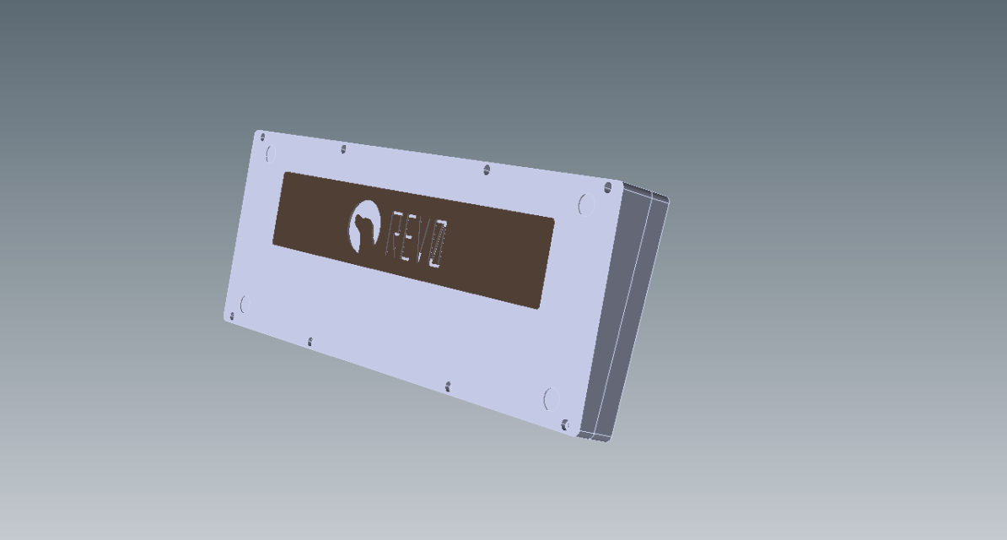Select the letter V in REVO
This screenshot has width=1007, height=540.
point(422,244)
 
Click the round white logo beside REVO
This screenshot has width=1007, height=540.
point(363,226)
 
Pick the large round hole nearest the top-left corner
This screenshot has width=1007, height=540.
point(270,154)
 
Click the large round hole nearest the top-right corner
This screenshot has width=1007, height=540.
point(586,204)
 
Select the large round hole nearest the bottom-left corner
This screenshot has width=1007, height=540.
point(245,304)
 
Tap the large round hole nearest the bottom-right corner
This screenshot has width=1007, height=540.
point(551,398)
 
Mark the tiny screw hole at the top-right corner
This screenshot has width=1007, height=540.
point(607,186)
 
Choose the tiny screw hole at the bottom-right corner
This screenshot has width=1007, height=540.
point(565,424)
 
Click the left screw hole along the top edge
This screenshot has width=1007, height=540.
point(343,149)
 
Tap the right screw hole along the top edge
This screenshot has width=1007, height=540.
point(487,170)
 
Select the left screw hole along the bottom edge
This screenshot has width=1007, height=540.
point(310,342)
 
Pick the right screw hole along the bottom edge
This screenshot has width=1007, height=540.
point(448,386)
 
